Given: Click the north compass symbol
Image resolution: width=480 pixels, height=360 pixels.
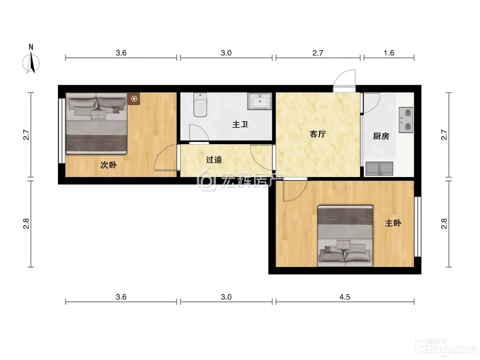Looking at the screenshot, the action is click(x=31, y=60).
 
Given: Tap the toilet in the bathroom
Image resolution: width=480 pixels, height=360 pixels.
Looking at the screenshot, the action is click(x=200, y=105).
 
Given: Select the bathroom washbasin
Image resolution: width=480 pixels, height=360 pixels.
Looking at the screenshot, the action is click(x=260, y=101).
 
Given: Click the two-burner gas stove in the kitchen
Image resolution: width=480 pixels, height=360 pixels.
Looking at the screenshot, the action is click(x=406, y=120).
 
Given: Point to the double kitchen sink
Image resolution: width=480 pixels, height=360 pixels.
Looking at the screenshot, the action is click(x=379, y=169).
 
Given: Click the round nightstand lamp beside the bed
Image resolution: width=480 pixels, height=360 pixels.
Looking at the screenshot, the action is click(x=134, y=99).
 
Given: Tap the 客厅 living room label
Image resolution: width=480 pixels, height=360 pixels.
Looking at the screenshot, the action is click(x=318, y=134).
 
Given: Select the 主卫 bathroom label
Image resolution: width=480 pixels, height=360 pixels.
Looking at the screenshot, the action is click(x=240, y=125).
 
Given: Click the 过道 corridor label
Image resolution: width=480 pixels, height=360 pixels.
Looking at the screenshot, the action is click(x=214, y=160).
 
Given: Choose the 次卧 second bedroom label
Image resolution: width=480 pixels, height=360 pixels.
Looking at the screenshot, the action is click(x=108, y=165).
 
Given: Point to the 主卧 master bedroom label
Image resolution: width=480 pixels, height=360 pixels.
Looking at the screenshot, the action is click(x=393, y=223).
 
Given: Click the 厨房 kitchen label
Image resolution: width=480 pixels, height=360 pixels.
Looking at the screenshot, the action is click(x=381, y=136).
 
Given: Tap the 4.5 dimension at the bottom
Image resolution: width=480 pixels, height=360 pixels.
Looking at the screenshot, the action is click(x=345, y=297).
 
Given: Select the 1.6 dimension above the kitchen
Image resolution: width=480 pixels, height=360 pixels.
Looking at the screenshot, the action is click(x=389, y=53).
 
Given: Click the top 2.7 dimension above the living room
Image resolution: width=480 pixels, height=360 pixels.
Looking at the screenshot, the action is click(x=317, y=53).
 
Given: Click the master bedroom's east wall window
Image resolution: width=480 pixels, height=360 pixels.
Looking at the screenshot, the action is click(x=418, y=227).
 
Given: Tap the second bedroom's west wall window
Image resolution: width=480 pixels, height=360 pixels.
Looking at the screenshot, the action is click(x=62, y=131).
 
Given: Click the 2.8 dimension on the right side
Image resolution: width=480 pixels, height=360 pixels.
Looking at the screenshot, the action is click(x=444, y=224).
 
